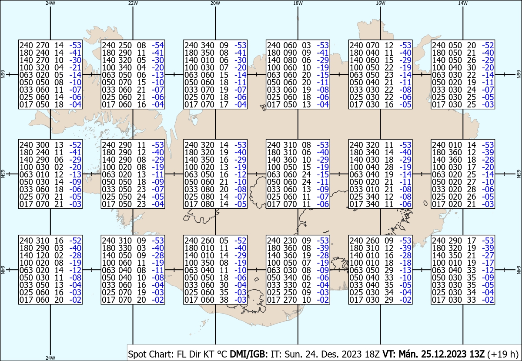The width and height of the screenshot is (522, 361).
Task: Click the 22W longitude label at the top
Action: pos(133,3)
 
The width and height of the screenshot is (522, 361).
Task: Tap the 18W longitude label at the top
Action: pos(298,3)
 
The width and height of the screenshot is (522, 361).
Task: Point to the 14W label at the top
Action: pos(463,3)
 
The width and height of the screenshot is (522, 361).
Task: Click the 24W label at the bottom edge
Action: pos(50,358)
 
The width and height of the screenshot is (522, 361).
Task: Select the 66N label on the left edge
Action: pos(3,74)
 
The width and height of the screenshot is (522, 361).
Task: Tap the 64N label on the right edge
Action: pos(519,270)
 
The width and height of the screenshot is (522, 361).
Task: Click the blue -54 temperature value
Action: pos(158,45)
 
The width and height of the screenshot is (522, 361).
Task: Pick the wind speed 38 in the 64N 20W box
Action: pos(224,300)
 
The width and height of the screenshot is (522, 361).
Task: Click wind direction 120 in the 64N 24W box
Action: pos(43,255)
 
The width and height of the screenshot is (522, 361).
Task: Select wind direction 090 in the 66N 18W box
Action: pos(290,53)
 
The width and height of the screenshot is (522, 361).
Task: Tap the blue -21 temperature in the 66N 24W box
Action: pos(75,67)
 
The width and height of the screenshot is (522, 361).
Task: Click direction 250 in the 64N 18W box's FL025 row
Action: pos(290,292)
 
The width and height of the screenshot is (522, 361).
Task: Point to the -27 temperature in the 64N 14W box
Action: pos(488,255)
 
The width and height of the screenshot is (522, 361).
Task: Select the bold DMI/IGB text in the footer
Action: pos(249,354)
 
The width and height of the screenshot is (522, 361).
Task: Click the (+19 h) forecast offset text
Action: pos(503,354)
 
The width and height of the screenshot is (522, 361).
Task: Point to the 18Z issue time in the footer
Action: pos(372,354)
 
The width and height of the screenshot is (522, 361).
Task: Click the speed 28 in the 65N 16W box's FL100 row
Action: pos(389,167)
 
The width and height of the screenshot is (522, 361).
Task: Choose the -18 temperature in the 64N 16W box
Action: pos(405,263)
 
